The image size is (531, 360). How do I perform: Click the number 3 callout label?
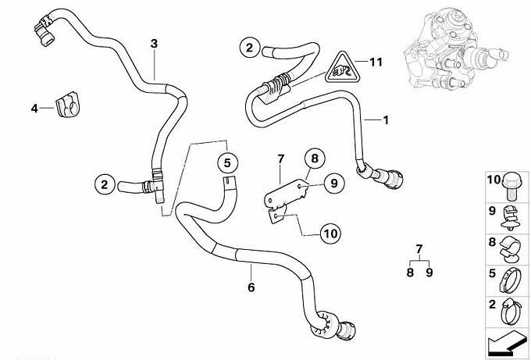coord(154,44)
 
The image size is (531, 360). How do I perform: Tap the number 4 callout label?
coord(34,109)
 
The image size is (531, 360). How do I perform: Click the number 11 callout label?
coord(376,61)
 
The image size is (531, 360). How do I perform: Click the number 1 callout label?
coord(384,120)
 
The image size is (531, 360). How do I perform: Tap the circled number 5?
coord(226,163)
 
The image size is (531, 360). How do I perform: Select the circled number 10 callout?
coord(331,232)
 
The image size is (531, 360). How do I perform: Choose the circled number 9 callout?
coord(331,184)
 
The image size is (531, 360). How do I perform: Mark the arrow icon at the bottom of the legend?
coord(508,340)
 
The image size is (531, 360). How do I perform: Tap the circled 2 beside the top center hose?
coord(249,48)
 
